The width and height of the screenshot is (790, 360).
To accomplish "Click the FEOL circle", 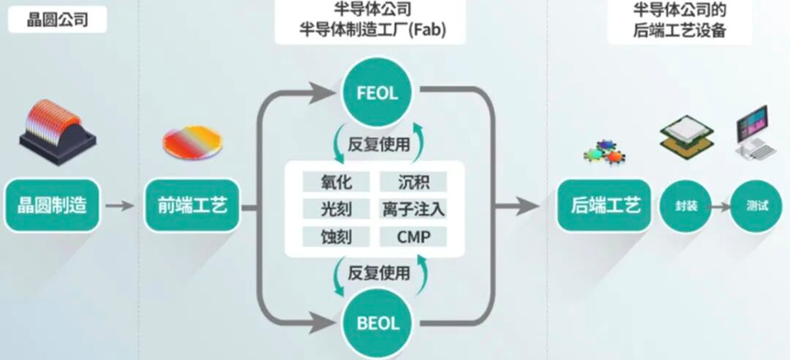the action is pos(377,94).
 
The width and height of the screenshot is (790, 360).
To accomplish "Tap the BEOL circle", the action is pos(377,323).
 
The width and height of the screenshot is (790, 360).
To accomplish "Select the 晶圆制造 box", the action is pos(52,206).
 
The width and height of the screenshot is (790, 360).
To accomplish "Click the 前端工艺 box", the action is pos(192,206).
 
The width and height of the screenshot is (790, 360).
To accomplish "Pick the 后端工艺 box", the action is pos(605,206).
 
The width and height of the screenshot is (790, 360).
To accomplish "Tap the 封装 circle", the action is pos(685,206).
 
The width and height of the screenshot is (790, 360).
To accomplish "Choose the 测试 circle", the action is pos(756,206).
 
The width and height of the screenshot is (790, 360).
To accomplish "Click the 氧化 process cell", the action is pos(336,182).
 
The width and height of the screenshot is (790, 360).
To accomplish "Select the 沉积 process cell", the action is pos(413,182).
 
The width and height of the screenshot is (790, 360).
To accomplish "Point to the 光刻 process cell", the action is pos(336,208).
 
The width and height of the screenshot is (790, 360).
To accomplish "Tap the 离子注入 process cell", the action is pos(413,208).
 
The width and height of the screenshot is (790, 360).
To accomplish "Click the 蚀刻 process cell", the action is pos(336,237).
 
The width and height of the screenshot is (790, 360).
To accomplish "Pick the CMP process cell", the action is pos(413,237).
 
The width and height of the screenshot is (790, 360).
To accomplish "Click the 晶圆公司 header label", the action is pos(58,20).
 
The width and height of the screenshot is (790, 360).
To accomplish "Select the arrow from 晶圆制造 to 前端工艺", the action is pos(120,206).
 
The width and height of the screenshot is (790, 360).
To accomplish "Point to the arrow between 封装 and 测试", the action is pos(721,206).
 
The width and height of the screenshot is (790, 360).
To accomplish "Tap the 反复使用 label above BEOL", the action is pos(378,273).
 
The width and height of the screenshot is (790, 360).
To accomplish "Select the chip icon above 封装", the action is pos(687,133).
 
